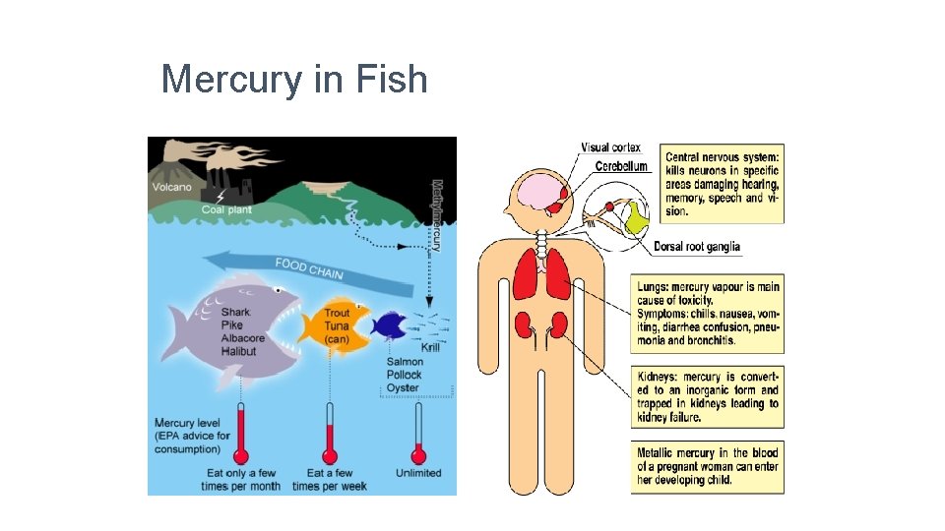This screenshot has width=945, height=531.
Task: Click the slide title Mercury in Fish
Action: (x=294, y=79)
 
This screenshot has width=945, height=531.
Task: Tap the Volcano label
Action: (x=172, y=187)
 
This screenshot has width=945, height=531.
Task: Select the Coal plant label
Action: (x=226, y=209)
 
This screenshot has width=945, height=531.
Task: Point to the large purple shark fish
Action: (x=226, y=329)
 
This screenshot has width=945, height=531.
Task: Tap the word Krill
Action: (x=430, y=347)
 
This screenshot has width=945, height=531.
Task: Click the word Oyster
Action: (x=403, y=387)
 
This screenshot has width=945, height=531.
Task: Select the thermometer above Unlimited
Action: (x=418, y=434)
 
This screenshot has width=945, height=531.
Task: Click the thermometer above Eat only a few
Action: (x=239, y=434)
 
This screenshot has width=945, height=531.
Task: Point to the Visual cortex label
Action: (x=610, y=147)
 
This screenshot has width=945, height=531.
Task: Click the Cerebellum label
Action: (x=621, y=166)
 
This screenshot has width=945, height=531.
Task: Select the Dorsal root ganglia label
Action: (x=696, y=247)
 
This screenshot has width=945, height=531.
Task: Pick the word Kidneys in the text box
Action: (x=655, y=377)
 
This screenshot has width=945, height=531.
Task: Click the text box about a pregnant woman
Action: (x=708, y=466)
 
